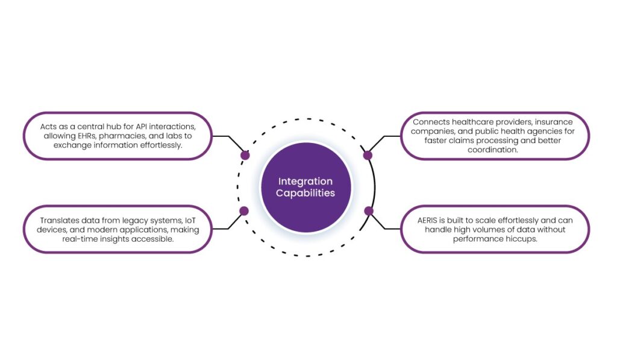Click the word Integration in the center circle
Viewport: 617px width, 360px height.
coord(305,182)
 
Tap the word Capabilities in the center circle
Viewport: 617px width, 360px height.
coord(305,194)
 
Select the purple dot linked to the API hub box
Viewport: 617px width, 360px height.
coord(245,155)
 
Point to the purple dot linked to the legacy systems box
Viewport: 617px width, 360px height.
coord(244,211)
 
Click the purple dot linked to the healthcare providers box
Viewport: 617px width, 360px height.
coord(368,155)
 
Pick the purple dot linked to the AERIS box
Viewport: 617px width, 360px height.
coord(369,211)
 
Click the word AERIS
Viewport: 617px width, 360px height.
coord(430,220)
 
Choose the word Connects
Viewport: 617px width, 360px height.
coord(431,122)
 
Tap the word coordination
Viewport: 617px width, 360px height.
coord(495,150)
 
